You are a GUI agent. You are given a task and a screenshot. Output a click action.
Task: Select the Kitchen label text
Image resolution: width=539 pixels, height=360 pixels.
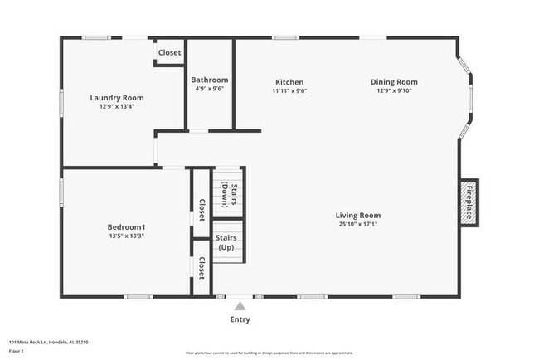(x=289, y=82)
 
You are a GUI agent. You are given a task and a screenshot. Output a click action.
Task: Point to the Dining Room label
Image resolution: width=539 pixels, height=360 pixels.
(x=394, y=82)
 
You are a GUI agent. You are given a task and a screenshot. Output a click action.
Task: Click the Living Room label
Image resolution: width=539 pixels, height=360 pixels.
(x=358, y=216)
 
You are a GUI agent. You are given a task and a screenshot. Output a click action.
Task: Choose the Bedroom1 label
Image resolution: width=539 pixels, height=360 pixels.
(x=126, y=227)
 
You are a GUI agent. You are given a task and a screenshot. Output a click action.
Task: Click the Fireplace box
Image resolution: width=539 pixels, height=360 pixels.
(x=469, y=202)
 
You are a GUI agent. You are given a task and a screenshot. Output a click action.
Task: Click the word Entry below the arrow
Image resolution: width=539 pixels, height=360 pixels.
(x=239, y=319)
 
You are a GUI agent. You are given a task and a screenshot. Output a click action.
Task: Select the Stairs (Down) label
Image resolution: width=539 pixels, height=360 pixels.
(x=230, y=194)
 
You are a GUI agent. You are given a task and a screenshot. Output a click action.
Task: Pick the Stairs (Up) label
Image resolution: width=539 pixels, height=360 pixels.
(x=226, y=242)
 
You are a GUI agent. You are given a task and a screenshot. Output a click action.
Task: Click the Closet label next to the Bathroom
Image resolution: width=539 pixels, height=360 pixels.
(x=169, y=53)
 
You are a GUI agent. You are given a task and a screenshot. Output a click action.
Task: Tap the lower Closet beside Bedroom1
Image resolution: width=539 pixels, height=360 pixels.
(x=202, y=268)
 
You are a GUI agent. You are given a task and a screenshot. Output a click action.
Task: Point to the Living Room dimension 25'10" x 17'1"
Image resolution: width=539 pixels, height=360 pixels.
(x=358, y=225)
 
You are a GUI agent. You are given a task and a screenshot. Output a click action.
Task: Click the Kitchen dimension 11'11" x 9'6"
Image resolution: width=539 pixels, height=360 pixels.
(x=289, y=91)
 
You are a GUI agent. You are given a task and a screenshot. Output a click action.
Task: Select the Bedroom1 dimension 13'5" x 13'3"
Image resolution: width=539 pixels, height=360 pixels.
(x=126, y=236)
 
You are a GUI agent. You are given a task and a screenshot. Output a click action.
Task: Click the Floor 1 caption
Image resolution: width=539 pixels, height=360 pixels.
(x=17, y=351)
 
